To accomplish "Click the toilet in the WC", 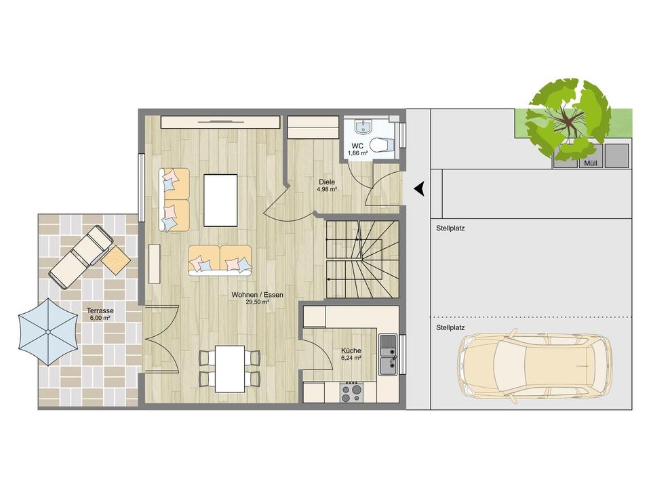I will point(382,144).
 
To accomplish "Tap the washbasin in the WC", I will point(363,127).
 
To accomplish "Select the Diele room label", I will point(327,182).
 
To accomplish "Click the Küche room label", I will point(351,350).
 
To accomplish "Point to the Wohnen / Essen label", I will point(257,295).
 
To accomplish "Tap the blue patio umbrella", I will point(47,331).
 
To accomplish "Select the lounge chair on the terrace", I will point(80,256).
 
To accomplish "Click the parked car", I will point(534,365).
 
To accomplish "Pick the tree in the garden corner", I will point(568,119).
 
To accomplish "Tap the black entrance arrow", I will point(420,189).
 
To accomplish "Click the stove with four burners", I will point(351,392).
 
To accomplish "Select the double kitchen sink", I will point(388,359).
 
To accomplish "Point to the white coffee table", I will point(220,200).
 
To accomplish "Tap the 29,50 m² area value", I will point(258,302).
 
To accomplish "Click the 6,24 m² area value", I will point(351,358).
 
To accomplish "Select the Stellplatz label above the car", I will point(450,327).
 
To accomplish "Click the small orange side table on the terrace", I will point(116,260).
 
